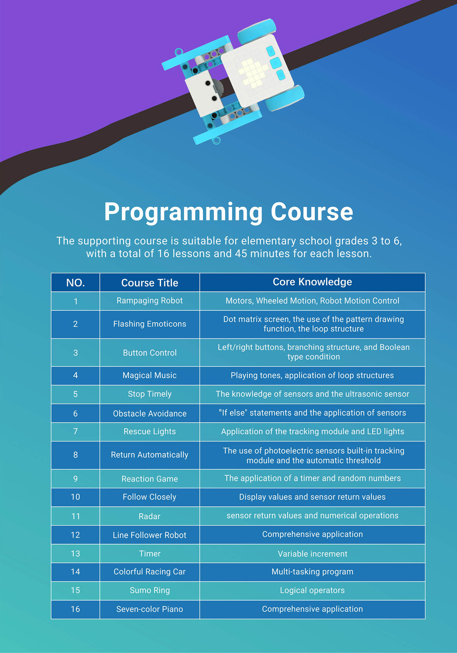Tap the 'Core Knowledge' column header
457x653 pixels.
coord(312,282)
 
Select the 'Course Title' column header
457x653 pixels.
coord(150,283)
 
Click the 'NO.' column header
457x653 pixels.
coord(75,283)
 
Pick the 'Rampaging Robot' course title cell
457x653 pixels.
coord(150,301)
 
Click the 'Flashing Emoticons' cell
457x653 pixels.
coord(150,324)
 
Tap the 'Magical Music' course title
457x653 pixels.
coord(150,375)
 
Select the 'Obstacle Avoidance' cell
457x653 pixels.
coord(150,413)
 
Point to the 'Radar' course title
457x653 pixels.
coord(150,516)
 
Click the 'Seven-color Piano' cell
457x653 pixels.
coord(150,609)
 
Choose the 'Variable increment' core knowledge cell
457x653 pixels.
coord(312,554)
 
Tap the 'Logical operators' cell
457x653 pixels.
coord(312,591)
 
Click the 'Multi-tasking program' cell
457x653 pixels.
coord(312,572)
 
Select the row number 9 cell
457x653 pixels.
coord(75,479)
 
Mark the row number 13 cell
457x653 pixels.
coord(75,554)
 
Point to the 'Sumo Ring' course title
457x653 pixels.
coord(150,591)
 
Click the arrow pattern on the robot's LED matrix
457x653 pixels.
coord(253,73)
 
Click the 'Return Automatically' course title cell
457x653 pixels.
coord(150,455)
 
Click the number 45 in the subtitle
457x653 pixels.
coord(241,254)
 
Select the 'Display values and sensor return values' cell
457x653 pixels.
coord(312,497)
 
